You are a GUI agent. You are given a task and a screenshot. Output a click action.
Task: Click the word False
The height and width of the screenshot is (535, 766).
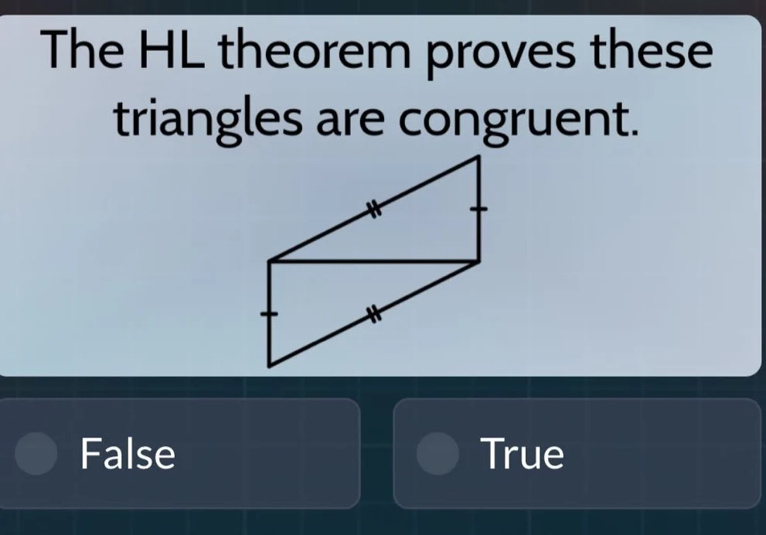tap(128, 454)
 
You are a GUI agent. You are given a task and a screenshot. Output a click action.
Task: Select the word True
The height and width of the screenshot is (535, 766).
tap(522, 454)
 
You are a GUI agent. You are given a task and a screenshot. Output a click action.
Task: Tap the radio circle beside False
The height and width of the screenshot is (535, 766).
tap(36, 455)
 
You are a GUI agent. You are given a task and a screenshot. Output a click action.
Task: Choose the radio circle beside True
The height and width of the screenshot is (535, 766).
tap(437, 455)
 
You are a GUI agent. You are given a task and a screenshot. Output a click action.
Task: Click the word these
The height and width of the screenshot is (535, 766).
tap(649, 53)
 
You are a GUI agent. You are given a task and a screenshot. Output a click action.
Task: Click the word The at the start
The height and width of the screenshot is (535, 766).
tap(83, 53)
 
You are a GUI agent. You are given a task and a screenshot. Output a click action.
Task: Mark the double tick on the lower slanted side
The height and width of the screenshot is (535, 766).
tap(374, 313)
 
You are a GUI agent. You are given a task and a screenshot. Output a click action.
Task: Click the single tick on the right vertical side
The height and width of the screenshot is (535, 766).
tap(479, 209)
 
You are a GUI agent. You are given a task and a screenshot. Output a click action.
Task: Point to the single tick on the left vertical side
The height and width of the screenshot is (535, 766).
tap(269, 314)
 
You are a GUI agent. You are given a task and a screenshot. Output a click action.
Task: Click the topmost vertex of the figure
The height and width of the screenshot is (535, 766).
tap(479, 157)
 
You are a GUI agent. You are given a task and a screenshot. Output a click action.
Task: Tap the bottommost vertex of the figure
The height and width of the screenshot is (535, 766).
tap(269, 366)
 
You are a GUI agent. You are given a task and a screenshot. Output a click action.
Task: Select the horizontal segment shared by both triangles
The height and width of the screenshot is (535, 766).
tap(374, 261)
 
